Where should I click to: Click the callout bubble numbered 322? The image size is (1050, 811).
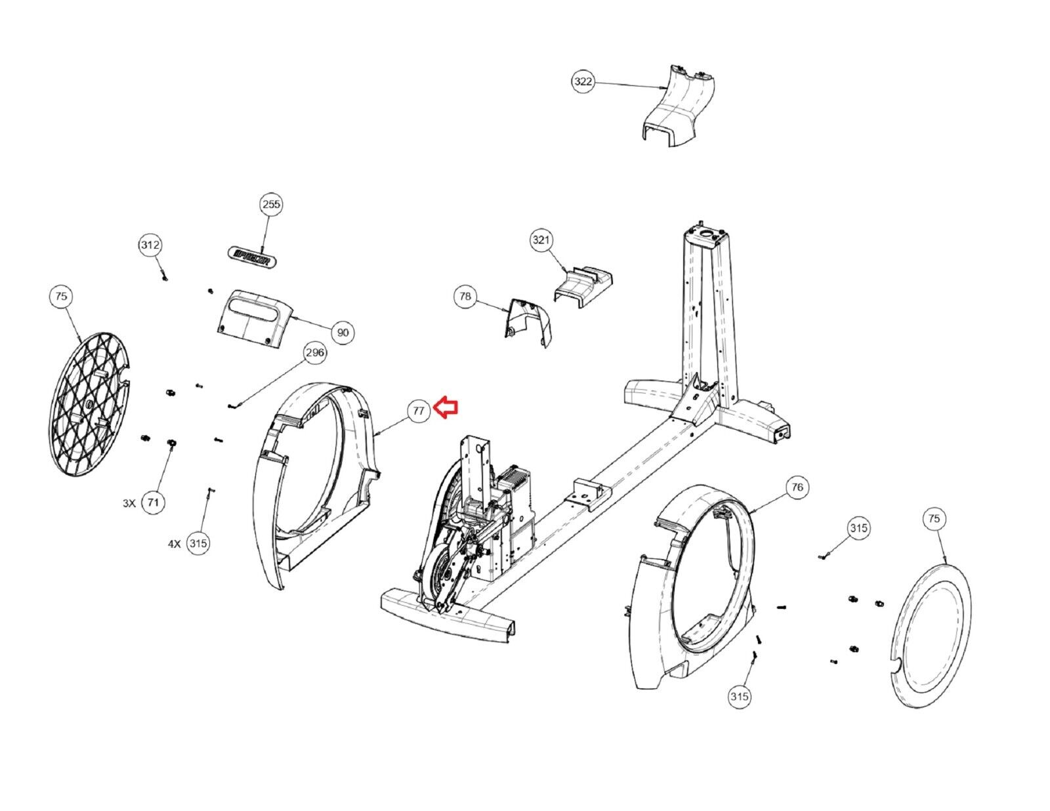click(x=583, y=82)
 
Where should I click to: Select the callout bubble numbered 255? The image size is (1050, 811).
click(x=271, y=204)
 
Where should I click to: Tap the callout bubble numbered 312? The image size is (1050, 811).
click(x=150, y=245)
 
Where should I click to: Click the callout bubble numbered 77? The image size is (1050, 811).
click(x=419, y=411)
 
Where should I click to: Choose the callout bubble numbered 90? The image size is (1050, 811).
click(x=343, y=333)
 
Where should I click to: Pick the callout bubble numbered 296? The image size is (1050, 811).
click(x=315, y=353)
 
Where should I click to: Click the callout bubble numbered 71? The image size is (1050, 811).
click(x=153, y=503)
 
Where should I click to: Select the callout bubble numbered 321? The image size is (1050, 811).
click(x=541, y=240)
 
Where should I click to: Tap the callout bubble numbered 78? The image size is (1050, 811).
click(x=465, y=297)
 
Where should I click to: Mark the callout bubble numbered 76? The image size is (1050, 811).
click(x=797, y=487)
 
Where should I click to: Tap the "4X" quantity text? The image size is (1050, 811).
click(x=175, y=543)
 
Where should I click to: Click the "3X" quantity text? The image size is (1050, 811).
click(x=129, y=503)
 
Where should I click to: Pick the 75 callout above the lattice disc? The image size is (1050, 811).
click(x=61, y=297)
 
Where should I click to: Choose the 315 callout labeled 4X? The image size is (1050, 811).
click(x=198, y=543)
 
